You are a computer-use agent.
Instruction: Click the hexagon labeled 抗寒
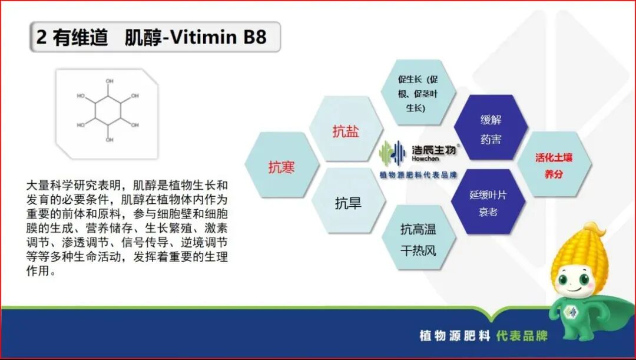click(x=281, y=167)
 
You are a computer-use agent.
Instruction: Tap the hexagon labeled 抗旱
click(x=348, y=204)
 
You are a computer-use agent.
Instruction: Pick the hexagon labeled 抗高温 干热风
click(x=418, y=239)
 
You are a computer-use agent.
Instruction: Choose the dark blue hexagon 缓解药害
click(x=491, y=130)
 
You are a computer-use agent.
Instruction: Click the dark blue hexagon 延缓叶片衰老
click(x=488, y=203)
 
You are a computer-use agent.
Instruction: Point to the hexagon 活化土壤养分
click(x=554, y=166)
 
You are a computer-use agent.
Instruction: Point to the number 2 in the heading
click(x=41, y=37)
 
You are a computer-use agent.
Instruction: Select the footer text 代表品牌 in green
click(x=522, y=335)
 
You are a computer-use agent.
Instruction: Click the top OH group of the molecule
click(x=110, y=81)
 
